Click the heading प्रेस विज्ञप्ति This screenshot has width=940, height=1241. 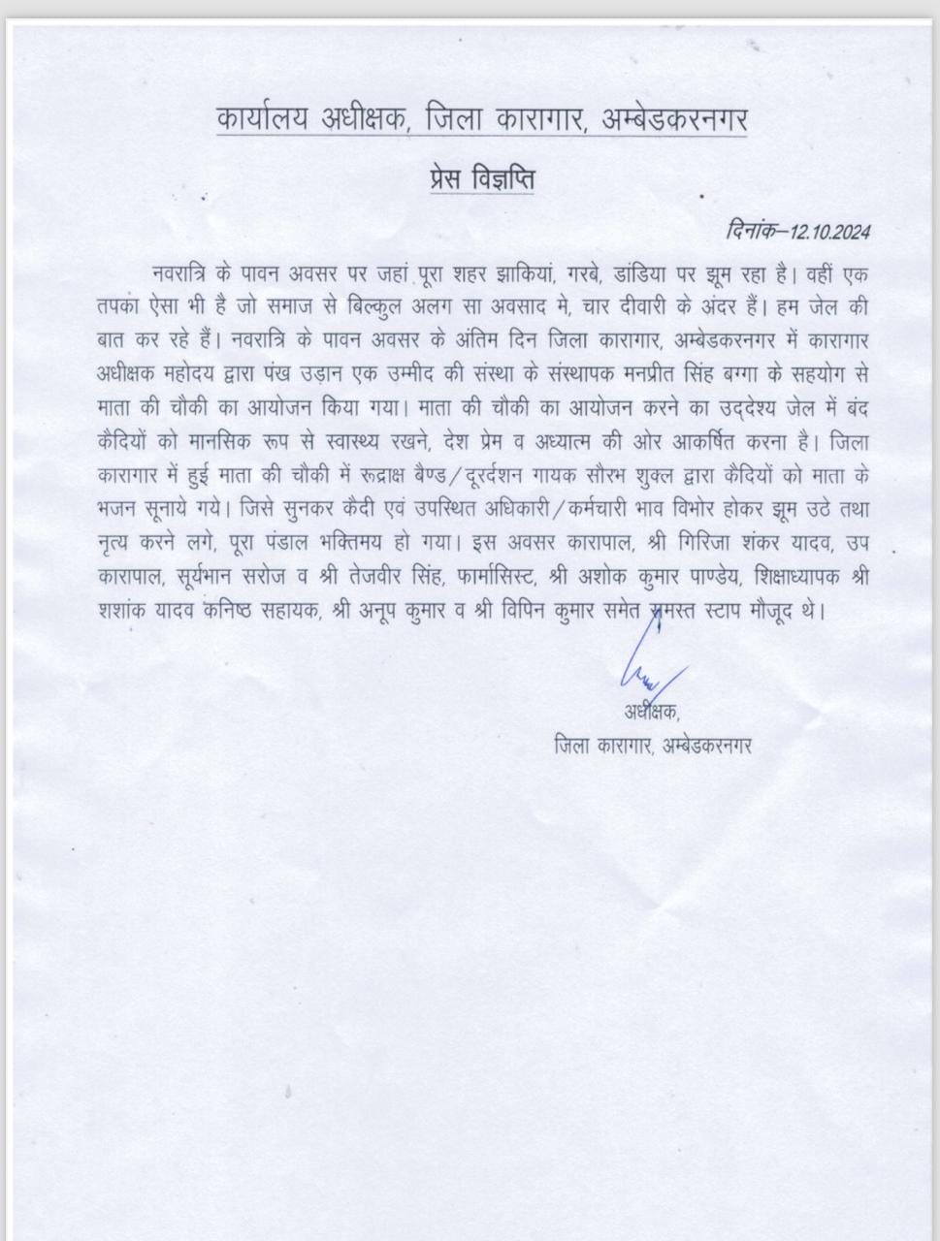click(482, 180)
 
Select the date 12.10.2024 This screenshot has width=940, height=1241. click(829, 232)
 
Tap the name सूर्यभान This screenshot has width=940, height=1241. click(210, 576)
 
